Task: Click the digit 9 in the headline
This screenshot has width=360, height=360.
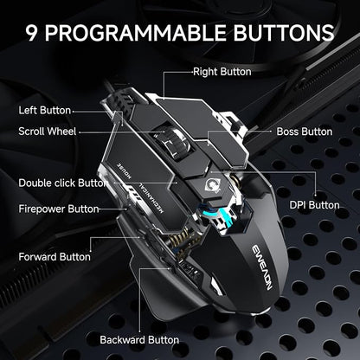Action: coord(32,32)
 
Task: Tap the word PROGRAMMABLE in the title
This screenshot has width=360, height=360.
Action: coord(135,32)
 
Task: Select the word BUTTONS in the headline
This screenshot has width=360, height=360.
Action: coord(284,32)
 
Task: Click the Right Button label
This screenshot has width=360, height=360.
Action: coord(222,72)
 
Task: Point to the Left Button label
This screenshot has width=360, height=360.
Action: coord(45,110)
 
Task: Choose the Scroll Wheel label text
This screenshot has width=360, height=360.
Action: coord(48,132)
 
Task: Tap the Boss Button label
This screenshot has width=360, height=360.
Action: coord(305,132)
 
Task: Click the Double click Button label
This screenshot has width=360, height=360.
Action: coord(63,183)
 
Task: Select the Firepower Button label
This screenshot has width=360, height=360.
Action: coord(59,209)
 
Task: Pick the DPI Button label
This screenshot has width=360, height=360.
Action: coord(314,205)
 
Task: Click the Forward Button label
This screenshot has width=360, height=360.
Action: coord(55,257)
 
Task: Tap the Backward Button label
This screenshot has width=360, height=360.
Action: coord(139,340)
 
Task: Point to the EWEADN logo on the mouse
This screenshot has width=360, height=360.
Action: coord(262,267)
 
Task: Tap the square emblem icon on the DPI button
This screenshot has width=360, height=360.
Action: coord(213,185)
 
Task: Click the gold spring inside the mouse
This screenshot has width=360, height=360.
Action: coord(180,241)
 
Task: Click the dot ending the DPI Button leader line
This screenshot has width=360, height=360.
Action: coord(316,195)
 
